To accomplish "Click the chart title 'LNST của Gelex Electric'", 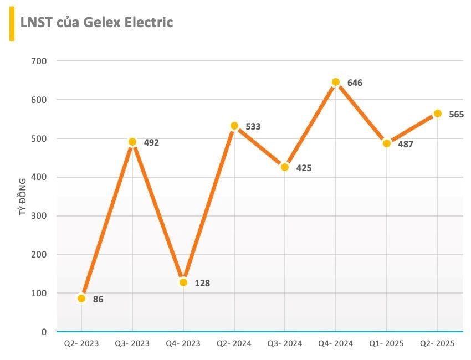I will click(96, 22).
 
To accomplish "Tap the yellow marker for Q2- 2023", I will click(81, 299).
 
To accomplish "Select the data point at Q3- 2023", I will click(132, 142).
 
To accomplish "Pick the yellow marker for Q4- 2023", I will click(183, 282).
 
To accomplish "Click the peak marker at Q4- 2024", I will click(336, 82).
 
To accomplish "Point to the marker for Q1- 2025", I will click(387, 143).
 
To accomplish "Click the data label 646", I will click(355, 83).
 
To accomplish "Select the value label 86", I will click(98, 300).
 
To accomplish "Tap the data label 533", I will click(253, 127).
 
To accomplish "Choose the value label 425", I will click(304, 168).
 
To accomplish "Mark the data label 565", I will click(456, 115).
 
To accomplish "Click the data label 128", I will click(202, 284).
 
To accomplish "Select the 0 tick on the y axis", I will click(44, 332).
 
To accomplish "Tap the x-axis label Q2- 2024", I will click(234, 344).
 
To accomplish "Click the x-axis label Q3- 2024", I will click(285, 344).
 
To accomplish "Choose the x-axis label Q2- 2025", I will click(438, 344).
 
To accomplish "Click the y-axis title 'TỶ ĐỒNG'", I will click(22, 197).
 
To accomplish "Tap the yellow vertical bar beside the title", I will click(12, 25).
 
